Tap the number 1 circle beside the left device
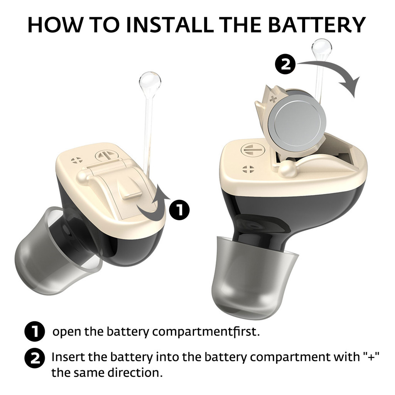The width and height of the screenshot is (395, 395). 179,209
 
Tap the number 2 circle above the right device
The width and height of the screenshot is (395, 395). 285,65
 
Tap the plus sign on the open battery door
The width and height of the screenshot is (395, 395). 273,99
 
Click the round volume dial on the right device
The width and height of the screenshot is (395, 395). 253,150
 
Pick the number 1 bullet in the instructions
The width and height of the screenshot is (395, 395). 35,331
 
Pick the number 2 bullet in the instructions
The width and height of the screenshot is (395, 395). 35,358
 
